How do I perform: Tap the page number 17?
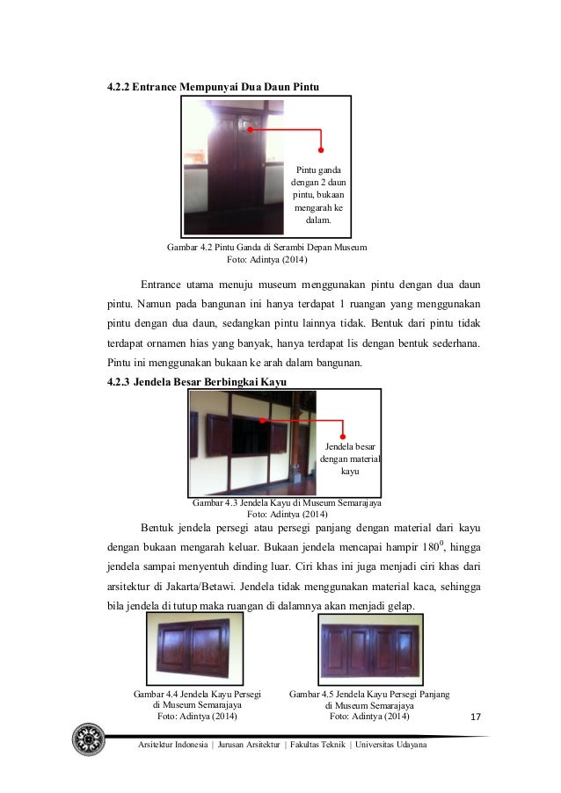tap(477, 718)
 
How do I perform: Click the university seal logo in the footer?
tap(89, 739)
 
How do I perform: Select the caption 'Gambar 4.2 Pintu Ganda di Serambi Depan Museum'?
tap(266, 248)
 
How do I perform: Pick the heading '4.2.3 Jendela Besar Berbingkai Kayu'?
tap(191, 380)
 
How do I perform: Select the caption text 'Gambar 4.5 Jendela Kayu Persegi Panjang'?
tap(369, 694)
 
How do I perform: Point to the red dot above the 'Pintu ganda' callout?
tap(321, 150)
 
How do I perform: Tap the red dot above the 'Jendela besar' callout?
tap(343, 436)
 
